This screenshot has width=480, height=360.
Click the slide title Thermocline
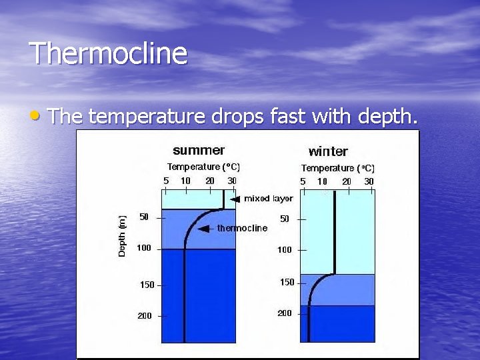pos(108,53)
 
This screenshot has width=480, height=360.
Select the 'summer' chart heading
pos(199,150)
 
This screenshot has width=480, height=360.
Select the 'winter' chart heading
pos(328,151)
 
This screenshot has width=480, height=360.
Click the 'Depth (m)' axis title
pos(122,236)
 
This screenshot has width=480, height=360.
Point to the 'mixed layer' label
pos(268,199)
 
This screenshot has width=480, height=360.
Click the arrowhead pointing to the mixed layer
pos(235,199)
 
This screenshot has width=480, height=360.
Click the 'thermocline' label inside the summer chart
pos(242,228)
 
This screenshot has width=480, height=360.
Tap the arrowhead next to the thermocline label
pos(204,228)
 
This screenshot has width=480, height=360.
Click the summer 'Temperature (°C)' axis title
pos(203,167)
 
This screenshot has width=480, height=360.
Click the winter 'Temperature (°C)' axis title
pos(338,168)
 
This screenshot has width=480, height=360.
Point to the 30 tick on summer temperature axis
pos(231,180)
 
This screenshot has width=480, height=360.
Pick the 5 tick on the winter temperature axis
pos(303,181)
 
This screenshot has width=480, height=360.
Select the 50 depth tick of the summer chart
pos(144,217)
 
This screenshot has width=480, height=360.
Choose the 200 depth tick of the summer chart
pos(145,315)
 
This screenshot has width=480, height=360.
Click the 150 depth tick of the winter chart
pos(287,282)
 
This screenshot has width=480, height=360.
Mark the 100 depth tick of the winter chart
pos(285,249)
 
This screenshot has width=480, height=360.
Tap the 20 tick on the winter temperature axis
pos(347,181)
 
